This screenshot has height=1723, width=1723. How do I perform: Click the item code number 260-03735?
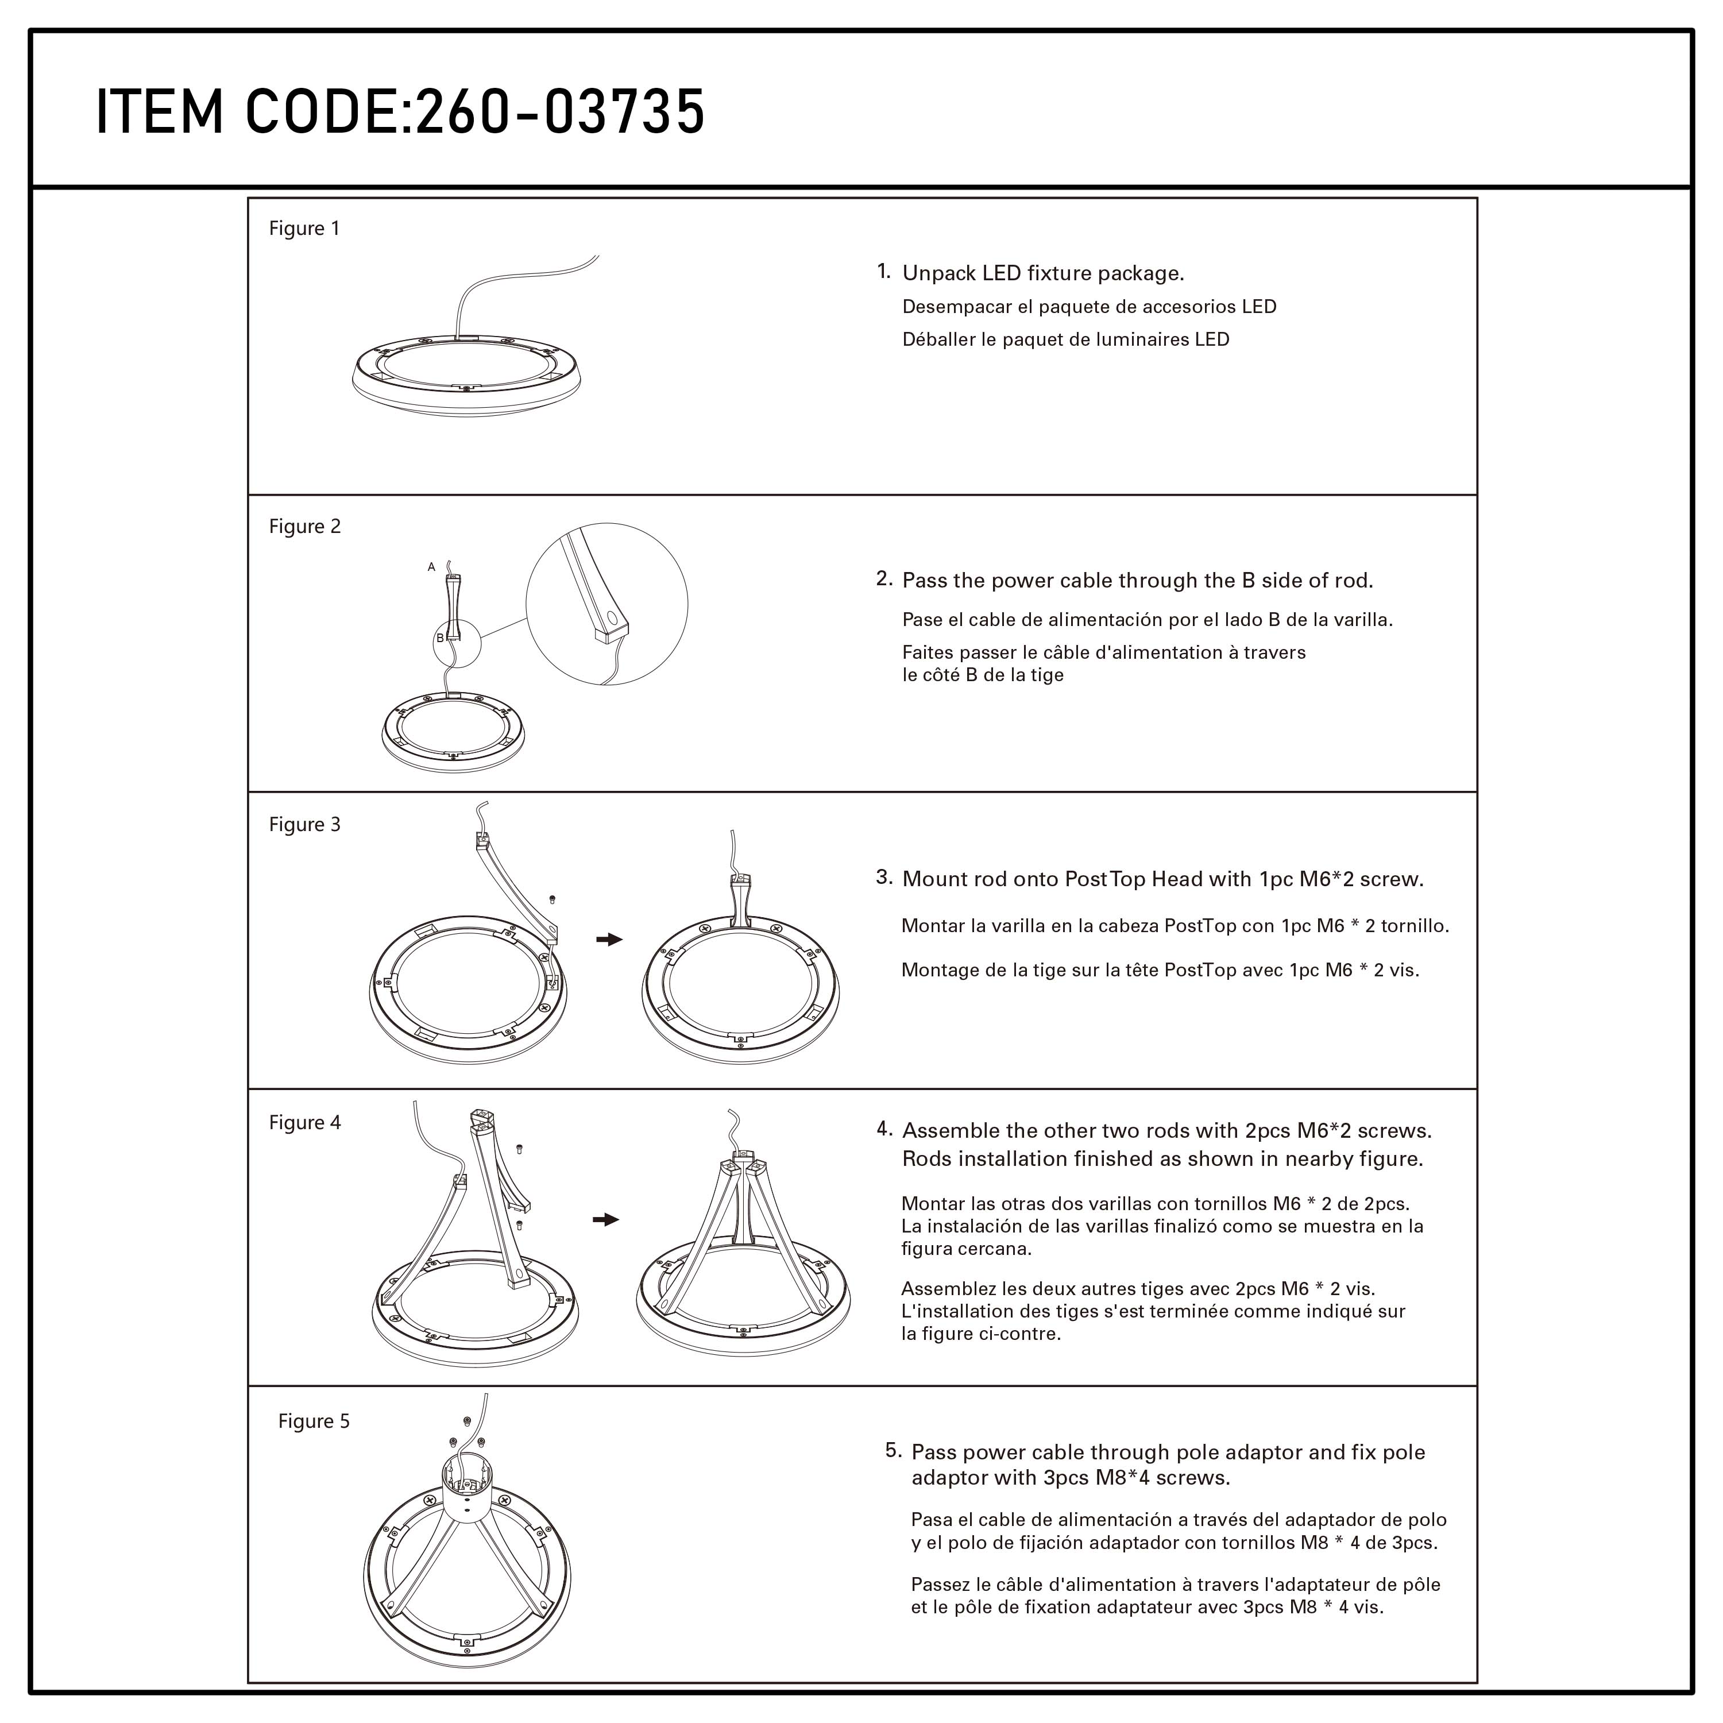click(560, 113)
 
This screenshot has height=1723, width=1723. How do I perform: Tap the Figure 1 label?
click(304, 229)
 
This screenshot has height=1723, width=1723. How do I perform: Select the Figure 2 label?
click(305, 526)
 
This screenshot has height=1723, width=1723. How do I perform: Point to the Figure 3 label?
click(305, 824)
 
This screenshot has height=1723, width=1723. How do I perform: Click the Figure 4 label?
click(305, 1122)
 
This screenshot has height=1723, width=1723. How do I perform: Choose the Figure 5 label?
click(314, 1421)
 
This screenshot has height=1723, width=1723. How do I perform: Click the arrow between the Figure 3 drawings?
click(609, 939)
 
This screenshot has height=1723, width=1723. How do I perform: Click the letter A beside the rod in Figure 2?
click(432, 566)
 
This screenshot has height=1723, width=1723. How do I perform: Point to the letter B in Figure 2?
click(440, 638)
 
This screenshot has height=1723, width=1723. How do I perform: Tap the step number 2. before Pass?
click(884, 579)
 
